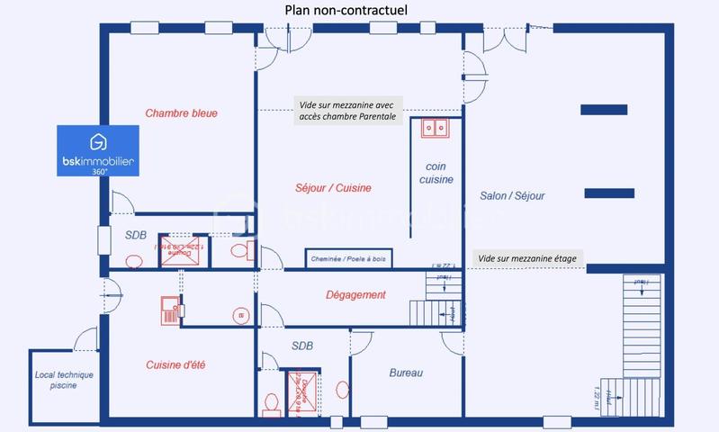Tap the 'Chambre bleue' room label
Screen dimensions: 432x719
pyautogui.click(x=182, y=113)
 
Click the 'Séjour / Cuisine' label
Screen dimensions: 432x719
pyautogui.click(x=333, y=188)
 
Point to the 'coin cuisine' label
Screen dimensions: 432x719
pyautogui.click(x=436, y=173)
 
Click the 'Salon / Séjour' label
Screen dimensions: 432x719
pyautogui.click(x=512, y=195)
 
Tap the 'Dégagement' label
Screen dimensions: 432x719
pyautogui.click(x=355, y=294)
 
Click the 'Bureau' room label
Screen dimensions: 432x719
pyautogui.click(x=406, y=373)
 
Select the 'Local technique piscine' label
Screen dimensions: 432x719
pyautogui.click(x=64, y=380)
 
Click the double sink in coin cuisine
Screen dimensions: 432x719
pyautogui.click(x=436, y=129)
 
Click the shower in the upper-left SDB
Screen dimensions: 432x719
pyautogui.click(x=179, y=252)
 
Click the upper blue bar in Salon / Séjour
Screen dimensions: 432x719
pyautogui.click(x=604, y=110)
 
